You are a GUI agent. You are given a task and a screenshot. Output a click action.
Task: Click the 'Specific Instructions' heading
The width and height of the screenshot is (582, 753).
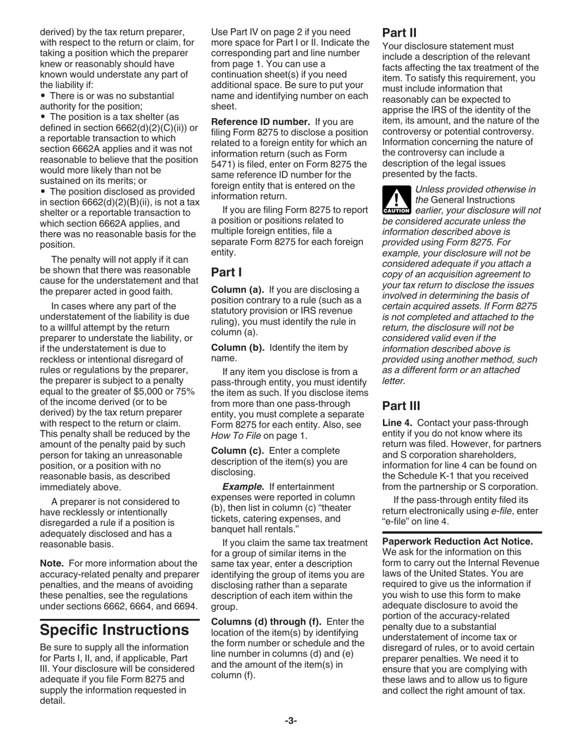click(114, 629)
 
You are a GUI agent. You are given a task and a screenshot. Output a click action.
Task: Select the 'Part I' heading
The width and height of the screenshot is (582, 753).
click(224, 272)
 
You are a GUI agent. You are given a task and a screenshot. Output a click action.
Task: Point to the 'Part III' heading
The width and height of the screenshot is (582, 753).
click(401, 405)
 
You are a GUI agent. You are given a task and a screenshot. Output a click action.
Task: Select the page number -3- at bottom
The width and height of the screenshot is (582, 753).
click(291, 721)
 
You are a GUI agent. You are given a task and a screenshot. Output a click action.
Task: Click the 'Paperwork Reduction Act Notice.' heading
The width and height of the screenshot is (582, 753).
click(458, 541)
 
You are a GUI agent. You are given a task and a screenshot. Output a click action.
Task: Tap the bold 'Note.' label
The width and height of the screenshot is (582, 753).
click(51, 563)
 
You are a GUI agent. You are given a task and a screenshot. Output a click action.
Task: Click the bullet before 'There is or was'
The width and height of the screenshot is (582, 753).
click(43, 96)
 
